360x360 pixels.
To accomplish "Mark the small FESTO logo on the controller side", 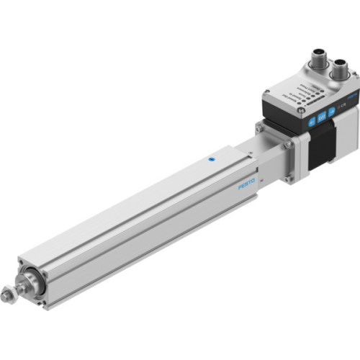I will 352,96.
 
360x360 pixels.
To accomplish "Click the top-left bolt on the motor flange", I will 260,129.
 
